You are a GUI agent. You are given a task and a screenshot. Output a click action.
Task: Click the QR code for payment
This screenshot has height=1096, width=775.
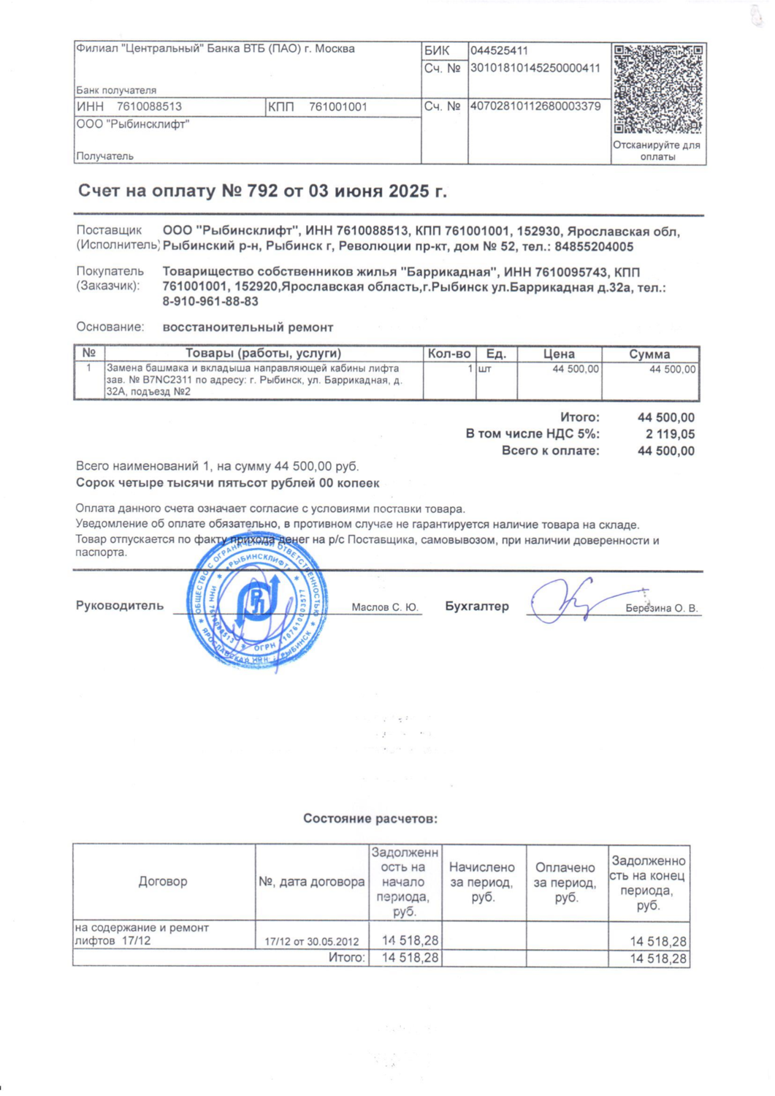657,89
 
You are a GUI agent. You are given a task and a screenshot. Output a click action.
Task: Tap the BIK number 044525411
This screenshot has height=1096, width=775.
499,51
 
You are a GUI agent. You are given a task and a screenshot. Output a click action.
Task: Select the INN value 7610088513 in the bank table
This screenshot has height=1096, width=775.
149,107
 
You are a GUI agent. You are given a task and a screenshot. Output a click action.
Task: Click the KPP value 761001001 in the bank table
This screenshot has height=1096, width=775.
337,107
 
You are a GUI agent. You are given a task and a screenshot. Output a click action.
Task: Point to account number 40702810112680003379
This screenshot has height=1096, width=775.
535,107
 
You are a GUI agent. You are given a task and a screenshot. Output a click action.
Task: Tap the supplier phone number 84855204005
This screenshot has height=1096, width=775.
594,247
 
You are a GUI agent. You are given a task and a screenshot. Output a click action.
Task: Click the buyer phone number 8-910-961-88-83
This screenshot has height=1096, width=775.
210,301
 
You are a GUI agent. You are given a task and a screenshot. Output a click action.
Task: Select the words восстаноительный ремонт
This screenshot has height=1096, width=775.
248,327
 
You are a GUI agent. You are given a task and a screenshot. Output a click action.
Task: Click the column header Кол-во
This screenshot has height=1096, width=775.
449,354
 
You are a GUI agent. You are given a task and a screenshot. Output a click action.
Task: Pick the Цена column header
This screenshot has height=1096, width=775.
559,354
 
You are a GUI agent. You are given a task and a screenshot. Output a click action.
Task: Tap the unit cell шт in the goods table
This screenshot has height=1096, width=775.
484,370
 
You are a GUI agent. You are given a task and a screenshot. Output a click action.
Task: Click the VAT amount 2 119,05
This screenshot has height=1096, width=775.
670,434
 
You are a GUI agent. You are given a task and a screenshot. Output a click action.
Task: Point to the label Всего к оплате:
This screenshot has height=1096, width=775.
550,451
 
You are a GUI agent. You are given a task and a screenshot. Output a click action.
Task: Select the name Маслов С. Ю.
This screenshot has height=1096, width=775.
384,607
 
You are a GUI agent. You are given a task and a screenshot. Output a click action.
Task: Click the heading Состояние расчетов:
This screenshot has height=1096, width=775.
370,819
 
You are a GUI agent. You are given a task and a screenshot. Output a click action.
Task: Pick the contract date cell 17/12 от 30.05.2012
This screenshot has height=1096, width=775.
312,942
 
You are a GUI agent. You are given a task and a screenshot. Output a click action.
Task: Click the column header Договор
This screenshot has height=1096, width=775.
163,882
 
